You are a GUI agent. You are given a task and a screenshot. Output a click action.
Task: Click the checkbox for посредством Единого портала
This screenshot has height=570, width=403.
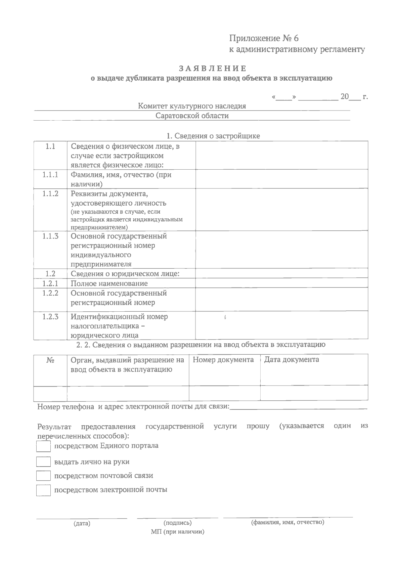pos(43,446)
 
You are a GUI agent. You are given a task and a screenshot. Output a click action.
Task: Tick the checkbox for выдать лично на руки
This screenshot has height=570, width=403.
pos(43,462)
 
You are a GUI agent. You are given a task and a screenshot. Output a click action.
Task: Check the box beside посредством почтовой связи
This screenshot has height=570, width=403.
pos(43,476)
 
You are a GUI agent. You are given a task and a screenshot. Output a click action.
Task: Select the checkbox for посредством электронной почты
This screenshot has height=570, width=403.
pos(43,490)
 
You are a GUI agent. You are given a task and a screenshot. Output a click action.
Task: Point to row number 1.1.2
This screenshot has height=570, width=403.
pos(50,194)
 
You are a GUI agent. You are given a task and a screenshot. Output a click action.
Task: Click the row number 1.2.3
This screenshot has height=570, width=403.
pos(50,317)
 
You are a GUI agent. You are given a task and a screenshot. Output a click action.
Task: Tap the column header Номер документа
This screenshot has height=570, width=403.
pos(223,360)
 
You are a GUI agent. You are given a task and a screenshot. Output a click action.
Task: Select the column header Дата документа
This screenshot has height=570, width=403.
pos(292,360)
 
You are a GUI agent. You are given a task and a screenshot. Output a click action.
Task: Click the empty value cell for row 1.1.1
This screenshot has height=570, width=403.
pos(281,179)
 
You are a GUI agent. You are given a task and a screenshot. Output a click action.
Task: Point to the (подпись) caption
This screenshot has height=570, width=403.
pos(177,523)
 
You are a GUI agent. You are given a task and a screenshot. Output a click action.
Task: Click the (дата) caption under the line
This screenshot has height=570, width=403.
pos(82,523)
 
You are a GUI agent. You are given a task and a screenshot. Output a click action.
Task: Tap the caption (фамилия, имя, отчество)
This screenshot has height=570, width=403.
pos(287,522)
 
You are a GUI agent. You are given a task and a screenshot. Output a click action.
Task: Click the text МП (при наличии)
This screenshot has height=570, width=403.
pos(177,532)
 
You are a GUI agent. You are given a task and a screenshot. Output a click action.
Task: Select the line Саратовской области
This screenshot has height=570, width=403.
pos(192,116)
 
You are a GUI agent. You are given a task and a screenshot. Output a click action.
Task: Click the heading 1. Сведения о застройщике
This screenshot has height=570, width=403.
pos(213,136)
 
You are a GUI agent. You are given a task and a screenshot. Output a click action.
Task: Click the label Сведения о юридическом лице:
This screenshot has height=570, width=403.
pos(125,274)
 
